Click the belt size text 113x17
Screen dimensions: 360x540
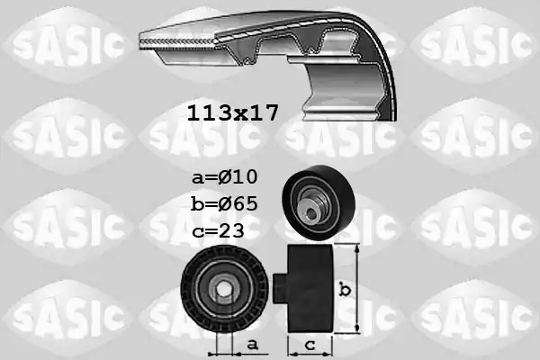[232, 112]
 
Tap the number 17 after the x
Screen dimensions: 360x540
[264, 112]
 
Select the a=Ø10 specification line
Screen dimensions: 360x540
[224, 176]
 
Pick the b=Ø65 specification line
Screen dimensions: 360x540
[224, 202]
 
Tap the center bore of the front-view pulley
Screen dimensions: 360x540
[221, 287]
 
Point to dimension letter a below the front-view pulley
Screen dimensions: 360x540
[252, 343]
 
